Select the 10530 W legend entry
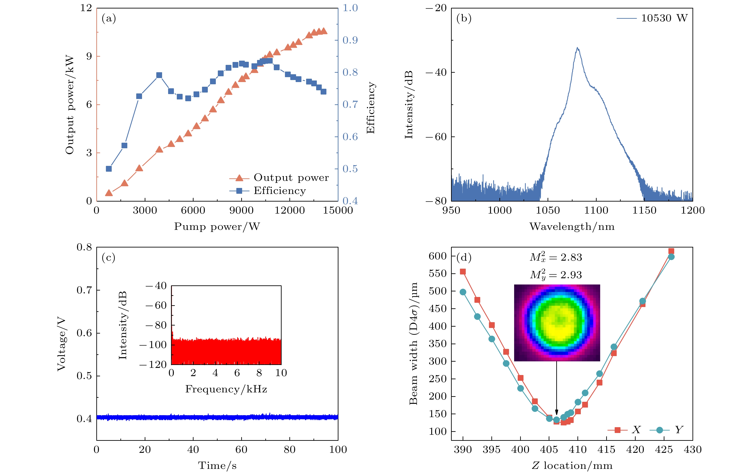point(664,18)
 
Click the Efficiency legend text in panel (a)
point(280,191)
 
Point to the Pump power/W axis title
point(217,227)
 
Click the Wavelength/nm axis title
point(572,227)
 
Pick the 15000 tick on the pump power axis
point(338,210)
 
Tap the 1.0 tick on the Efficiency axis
point(350,8)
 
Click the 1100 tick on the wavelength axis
point(596,210)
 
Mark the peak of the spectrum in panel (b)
point(577,48)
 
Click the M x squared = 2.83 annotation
point(556,257)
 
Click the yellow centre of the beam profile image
point(558,325)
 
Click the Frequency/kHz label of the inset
point(226,389)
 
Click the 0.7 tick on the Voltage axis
point(84,290)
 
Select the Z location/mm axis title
point(572,466)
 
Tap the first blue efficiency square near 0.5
point(109,169)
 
